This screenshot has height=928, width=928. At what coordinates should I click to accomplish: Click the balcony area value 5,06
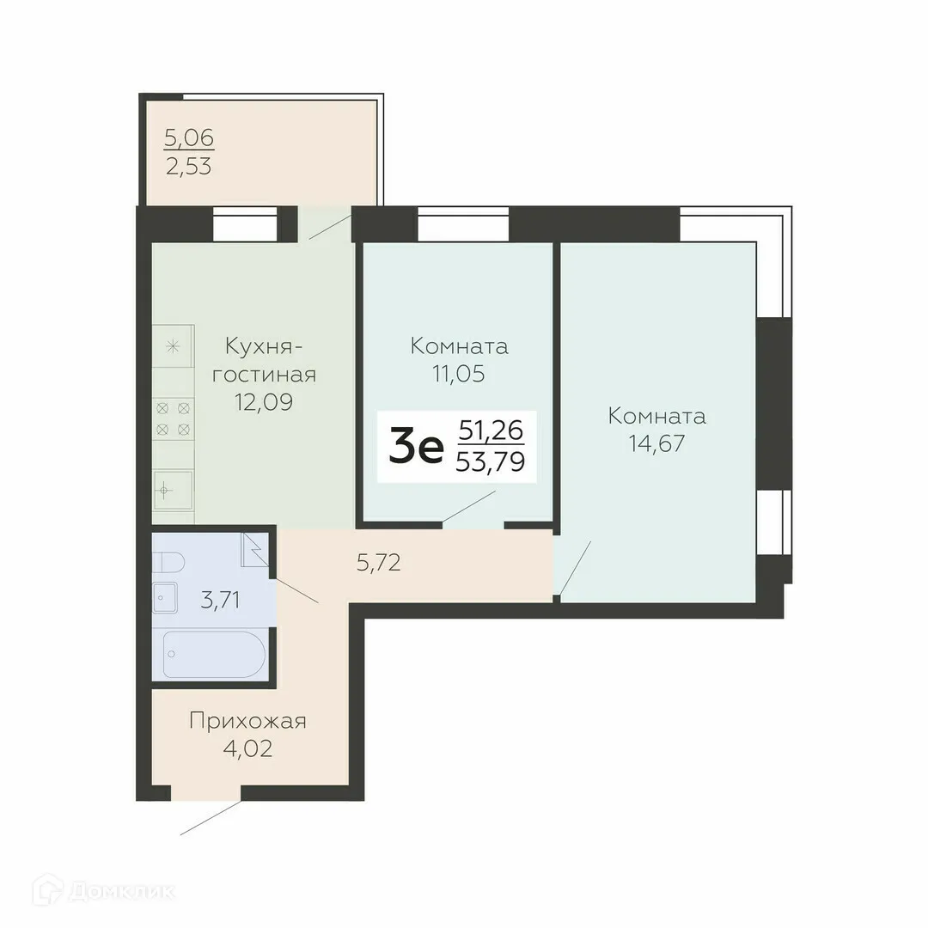tap(189, 137)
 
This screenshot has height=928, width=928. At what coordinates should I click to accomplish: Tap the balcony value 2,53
tap(189, 164)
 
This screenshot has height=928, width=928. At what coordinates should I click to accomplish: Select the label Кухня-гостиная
tap(264, 360)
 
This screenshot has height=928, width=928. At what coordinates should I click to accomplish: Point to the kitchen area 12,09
tap(264, 401)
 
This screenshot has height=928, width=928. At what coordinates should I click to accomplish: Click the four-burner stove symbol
tap(173, 419)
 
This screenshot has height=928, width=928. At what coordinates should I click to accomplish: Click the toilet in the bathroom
tap(168, 563)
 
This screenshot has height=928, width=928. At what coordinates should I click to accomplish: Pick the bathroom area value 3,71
tap(221, 600)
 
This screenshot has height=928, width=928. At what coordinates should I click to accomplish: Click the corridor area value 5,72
tap(379, 564)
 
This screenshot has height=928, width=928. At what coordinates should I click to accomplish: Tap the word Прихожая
tap(247, 720)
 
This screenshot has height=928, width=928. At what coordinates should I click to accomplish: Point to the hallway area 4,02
tap(247, 748)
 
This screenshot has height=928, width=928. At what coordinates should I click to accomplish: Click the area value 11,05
tap(459, 374)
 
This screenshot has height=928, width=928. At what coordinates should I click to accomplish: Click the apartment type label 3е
tap(416, 447)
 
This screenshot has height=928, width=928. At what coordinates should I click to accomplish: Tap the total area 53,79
tap(491, 465)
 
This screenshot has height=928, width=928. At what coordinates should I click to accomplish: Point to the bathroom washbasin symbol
tap(165, 597)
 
